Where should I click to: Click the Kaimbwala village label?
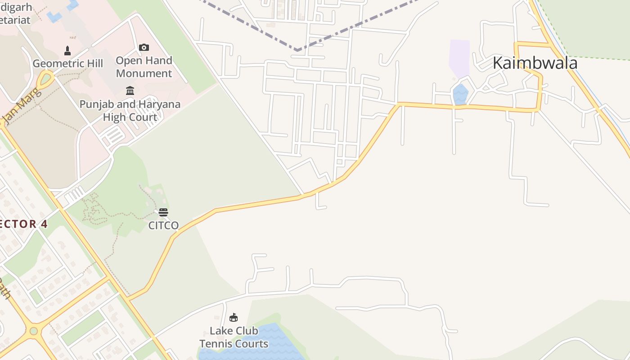535,63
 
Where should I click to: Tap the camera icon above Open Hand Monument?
144,47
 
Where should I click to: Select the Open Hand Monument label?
144,67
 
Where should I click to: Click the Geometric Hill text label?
67,63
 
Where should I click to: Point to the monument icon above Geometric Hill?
67,50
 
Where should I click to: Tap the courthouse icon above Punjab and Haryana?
130,91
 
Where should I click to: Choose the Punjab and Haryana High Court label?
130,111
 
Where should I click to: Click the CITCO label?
163,225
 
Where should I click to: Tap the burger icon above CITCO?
163,212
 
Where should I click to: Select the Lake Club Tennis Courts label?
234,337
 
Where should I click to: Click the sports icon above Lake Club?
233,318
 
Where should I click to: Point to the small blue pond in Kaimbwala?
460,94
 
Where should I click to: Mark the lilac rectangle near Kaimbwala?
459,58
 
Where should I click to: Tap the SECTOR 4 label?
22,224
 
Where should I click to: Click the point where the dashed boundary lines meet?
297,49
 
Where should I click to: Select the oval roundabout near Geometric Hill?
45,80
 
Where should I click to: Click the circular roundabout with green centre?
33,331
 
